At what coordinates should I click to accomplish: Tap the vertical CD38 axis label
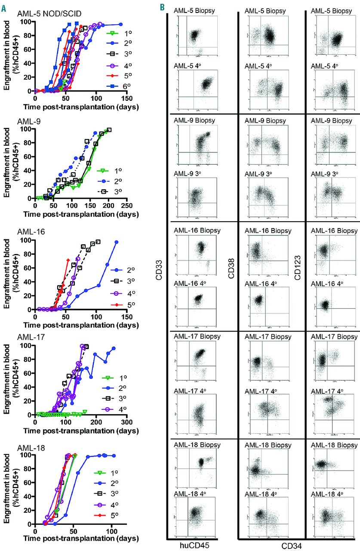tap(231, 275)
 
